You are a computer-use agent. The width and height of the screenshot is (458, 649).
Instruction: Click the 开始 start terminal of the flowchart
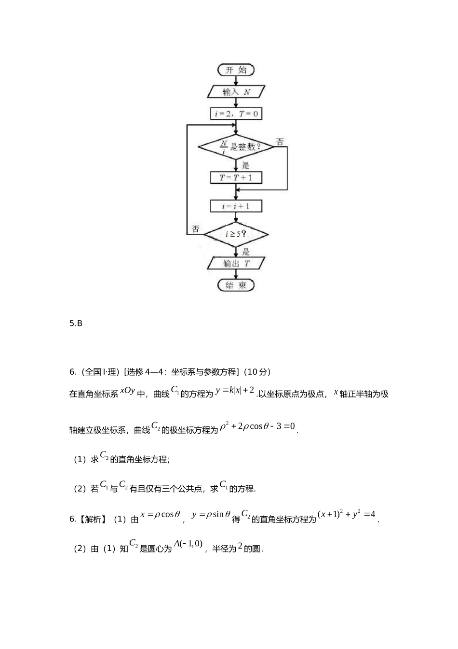pos(236,70)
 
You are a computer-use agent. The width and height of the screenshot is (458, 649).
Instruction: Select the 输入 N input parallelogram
pos(236,92)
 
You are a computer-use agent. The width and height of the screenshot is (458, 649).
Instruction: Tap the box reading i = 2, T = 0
pos(236,114)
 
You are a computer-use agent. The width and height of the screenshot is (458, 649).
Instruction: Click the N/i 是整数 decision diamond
pos(236,146)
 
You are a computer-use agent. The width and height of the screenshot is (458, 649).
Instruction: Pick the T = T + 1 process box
pos(236,178)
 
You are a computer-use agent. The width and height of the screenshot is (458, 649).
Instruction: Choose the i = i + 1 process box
pos(236,206)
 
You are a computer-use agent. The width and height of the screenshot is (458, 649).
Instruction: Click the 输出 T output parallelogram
pos(236,264)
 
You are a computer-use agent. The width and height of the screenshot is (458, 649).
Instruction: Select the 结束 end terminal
pos(236,285)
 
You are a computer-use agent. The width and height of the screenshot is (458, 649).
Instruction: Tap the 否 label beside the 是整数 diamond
pos(280,142)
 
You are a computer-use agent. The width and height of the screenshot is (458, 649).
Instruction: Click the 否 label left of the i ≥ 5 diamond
pos(195,229)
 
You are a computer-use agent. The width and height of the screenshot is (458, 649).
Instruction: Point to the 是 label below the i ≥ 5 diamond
pos(246,252)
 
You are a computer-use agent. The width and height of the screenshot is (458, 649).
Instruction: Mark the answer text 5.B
pos(76,324)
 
